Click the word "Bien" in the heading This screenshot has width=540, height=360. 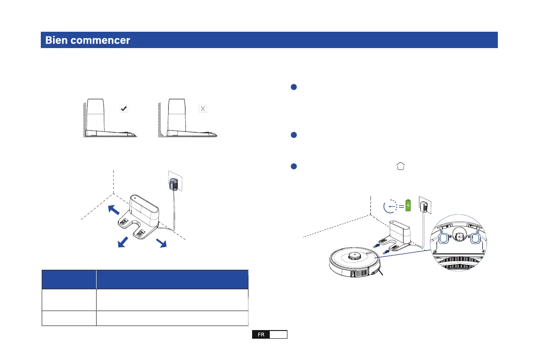tap(55, 40)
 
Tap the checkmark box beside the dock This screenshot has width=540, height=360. tap(123, 109)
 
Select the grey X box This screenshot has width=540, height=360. tap(203, 109)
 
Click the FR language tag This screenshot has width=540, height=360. tap(261, 335)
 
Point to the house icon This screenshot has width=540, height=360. tap(400, 166)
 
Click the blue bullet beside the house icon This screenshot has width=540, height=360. tap(294, 166)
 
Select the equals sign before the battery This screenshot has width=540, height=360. tap(401, 206)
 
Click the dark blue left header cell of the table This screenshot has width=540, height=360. tap(69, 279)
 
